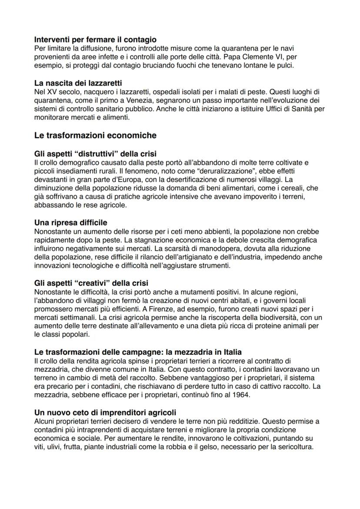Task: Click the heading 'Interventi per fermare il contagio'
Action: (95, 40)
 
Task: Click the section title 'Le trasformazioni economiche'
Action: (95, 135)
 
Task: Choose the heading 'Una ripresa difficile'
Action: (70, 223)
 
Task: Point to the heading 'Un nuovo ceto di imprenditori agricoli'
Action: (105, 412)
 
